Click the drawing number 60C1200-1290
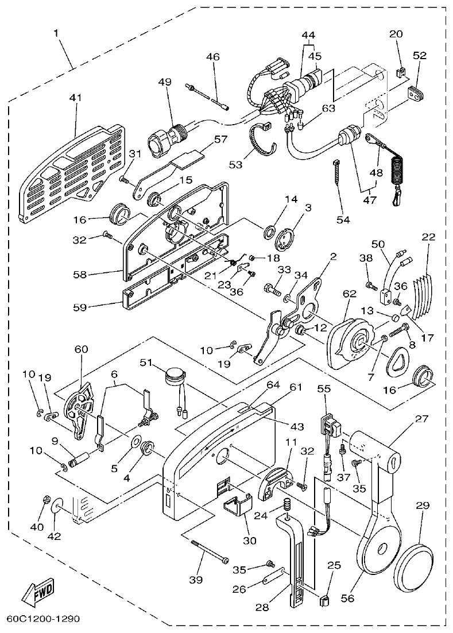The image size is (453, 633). point(43,619)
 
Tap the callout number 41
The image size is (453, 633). point(76,98)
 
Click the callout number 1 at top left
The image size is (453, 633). point(56,33)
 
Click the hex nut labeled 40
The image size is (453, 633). point(45,501)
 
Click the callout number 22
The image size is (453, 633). point(429,237)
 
